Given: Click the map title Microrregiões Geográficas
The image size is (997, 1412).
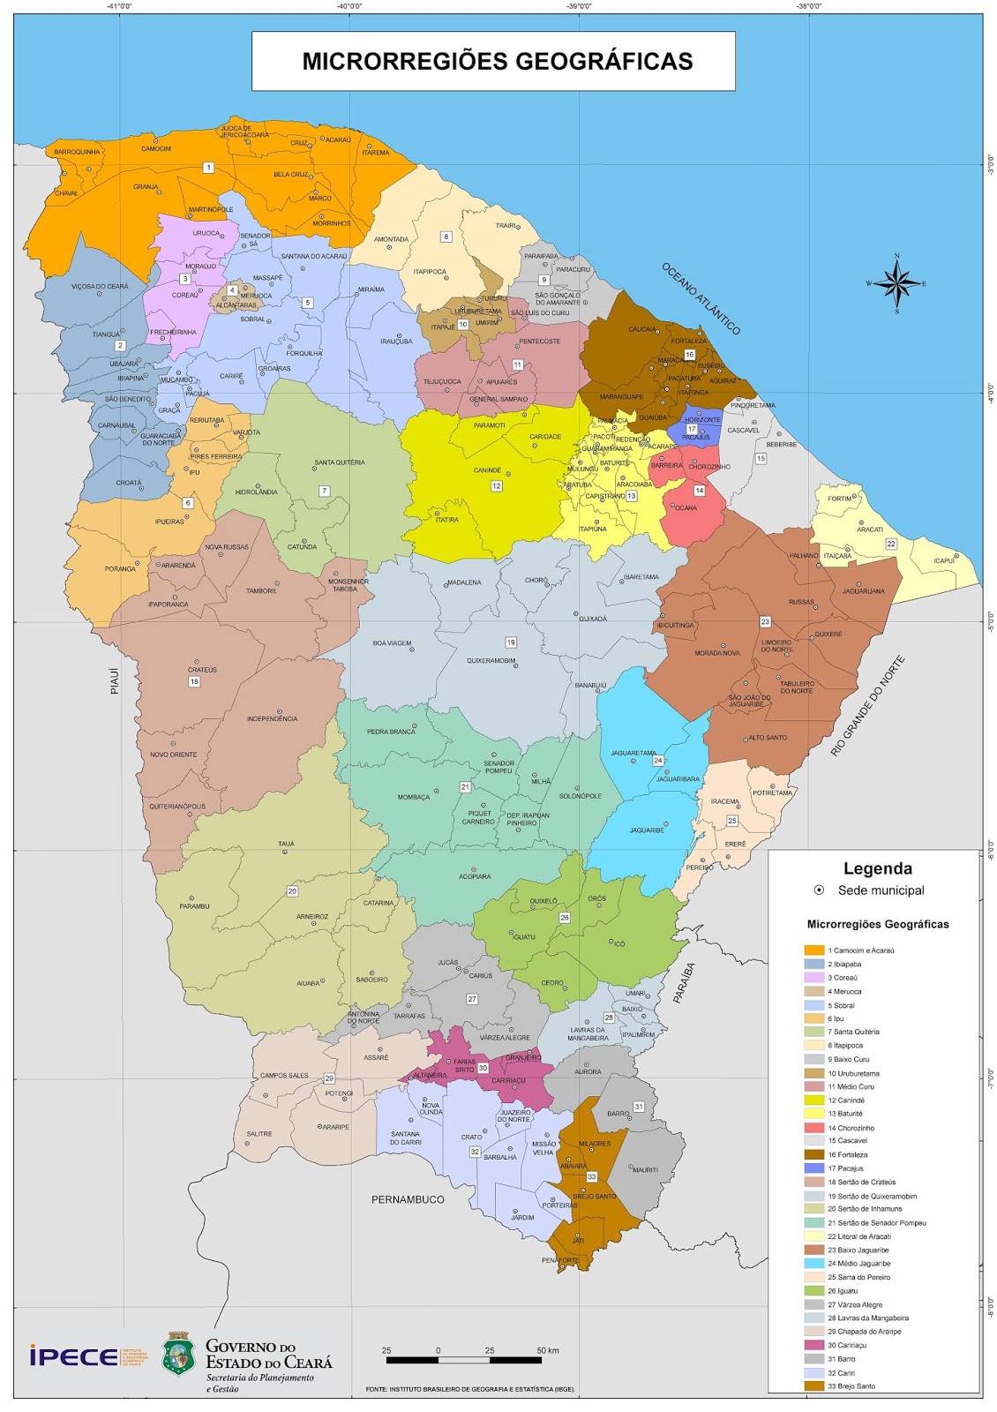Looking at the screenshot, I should [497, 61].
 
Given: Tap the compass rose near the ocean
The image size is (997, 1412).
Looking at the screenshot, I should [896, 283].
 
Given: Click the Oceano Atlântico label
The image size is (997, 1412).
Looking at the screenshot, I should [701, 298].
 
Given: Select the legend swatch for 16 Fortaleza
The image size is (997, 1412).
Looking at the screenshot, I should [813, 1154].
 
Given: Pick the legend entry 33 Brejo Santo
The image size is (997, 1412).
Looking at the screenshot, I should [852, 1386].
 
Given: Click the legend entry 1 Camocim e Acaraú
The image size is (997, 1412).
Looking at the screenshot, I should [861, 950].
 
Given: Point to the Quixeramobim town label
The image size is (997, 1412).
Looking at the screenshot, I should [491, 660].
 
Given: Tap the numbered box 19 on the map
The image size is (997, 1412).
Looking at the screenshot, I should [510, 642].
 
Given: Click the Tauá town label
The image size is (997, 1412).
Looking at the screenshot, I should [286, 844].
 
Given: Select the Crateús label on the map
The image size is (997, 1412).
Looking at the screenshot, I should [202, 670].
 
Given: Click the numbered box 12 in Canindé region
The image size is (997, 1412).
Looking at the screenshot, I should [496, 486].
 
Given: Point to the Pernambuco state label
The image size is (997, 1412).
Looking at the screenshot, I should [408, 1199].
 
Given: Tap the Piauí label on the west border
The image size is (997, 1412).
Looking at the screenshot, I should [115, 680].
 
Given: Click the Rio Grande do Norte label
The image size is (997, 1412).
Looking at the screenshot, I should [867, 706].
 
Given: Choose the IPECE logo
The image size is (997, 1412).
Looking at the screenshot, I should [74, 1356].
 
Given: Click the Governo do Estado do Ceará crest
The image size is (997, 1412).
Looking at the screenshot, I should [178, 1354].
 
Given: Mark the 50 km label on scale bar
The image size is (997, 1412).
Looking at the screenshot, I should [547, 1350].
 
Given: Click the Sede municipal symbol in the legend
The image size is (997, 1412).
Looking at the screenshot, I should [819, 890].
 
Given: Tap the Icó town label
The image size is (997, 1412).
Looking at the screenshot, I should [618, 943].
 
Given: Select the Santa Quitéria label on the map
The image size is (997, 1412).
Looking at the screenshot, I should [339, 462].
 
